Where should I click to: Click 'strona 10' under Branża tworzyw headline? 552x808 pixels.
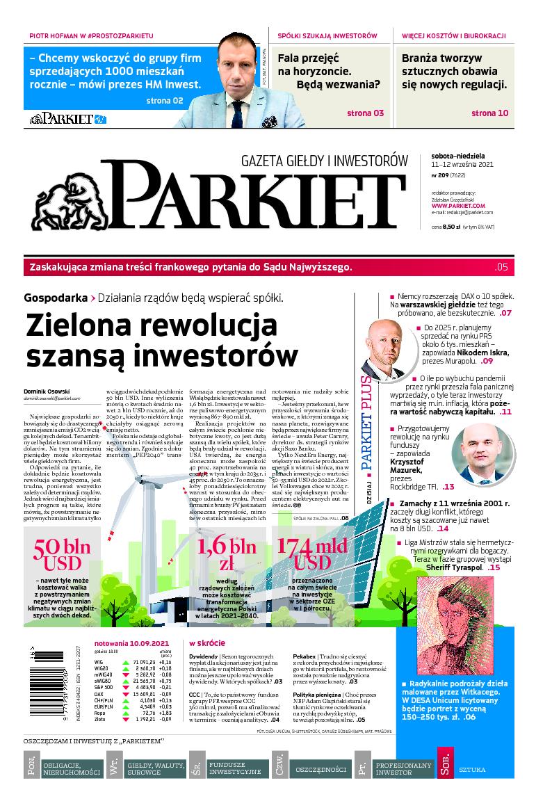tap(489, 113)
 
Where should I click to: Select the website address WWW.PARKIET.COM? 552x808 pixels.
tap(457, 206)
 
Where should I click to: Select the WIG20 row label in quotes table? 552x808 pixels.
tap(102, 668)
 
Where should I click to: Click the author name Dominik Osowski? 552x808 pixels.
tap(47, 392)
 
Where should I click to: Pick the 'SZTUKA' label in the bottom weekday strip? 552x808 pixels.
tap(472, 770)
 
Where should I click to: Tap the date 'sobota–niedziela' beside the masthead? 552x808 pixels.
tap(454, 156)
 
